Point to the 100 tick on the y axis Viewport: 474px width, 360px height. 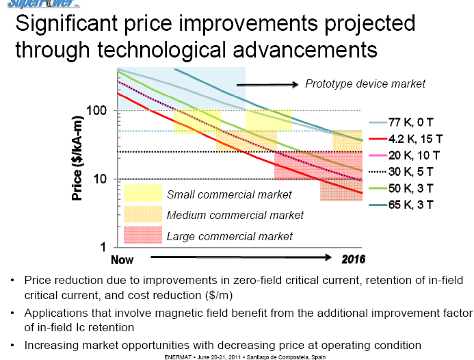point(96,111)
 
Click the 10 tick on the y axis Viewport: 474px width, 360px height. point(100,179)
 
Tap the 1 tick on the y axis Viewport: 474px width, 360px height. point(103,246)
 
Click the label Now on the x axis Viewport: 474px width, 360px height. point(122,259)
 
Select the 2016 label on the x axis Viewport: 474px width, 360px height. point(353,259)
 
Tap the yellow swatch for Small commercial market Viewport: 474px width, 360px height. point(142,194)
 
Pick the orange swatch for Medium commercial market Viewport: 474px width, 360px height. point(142,215)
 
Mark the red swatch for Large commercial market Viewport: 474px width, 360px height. point(142,235)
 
